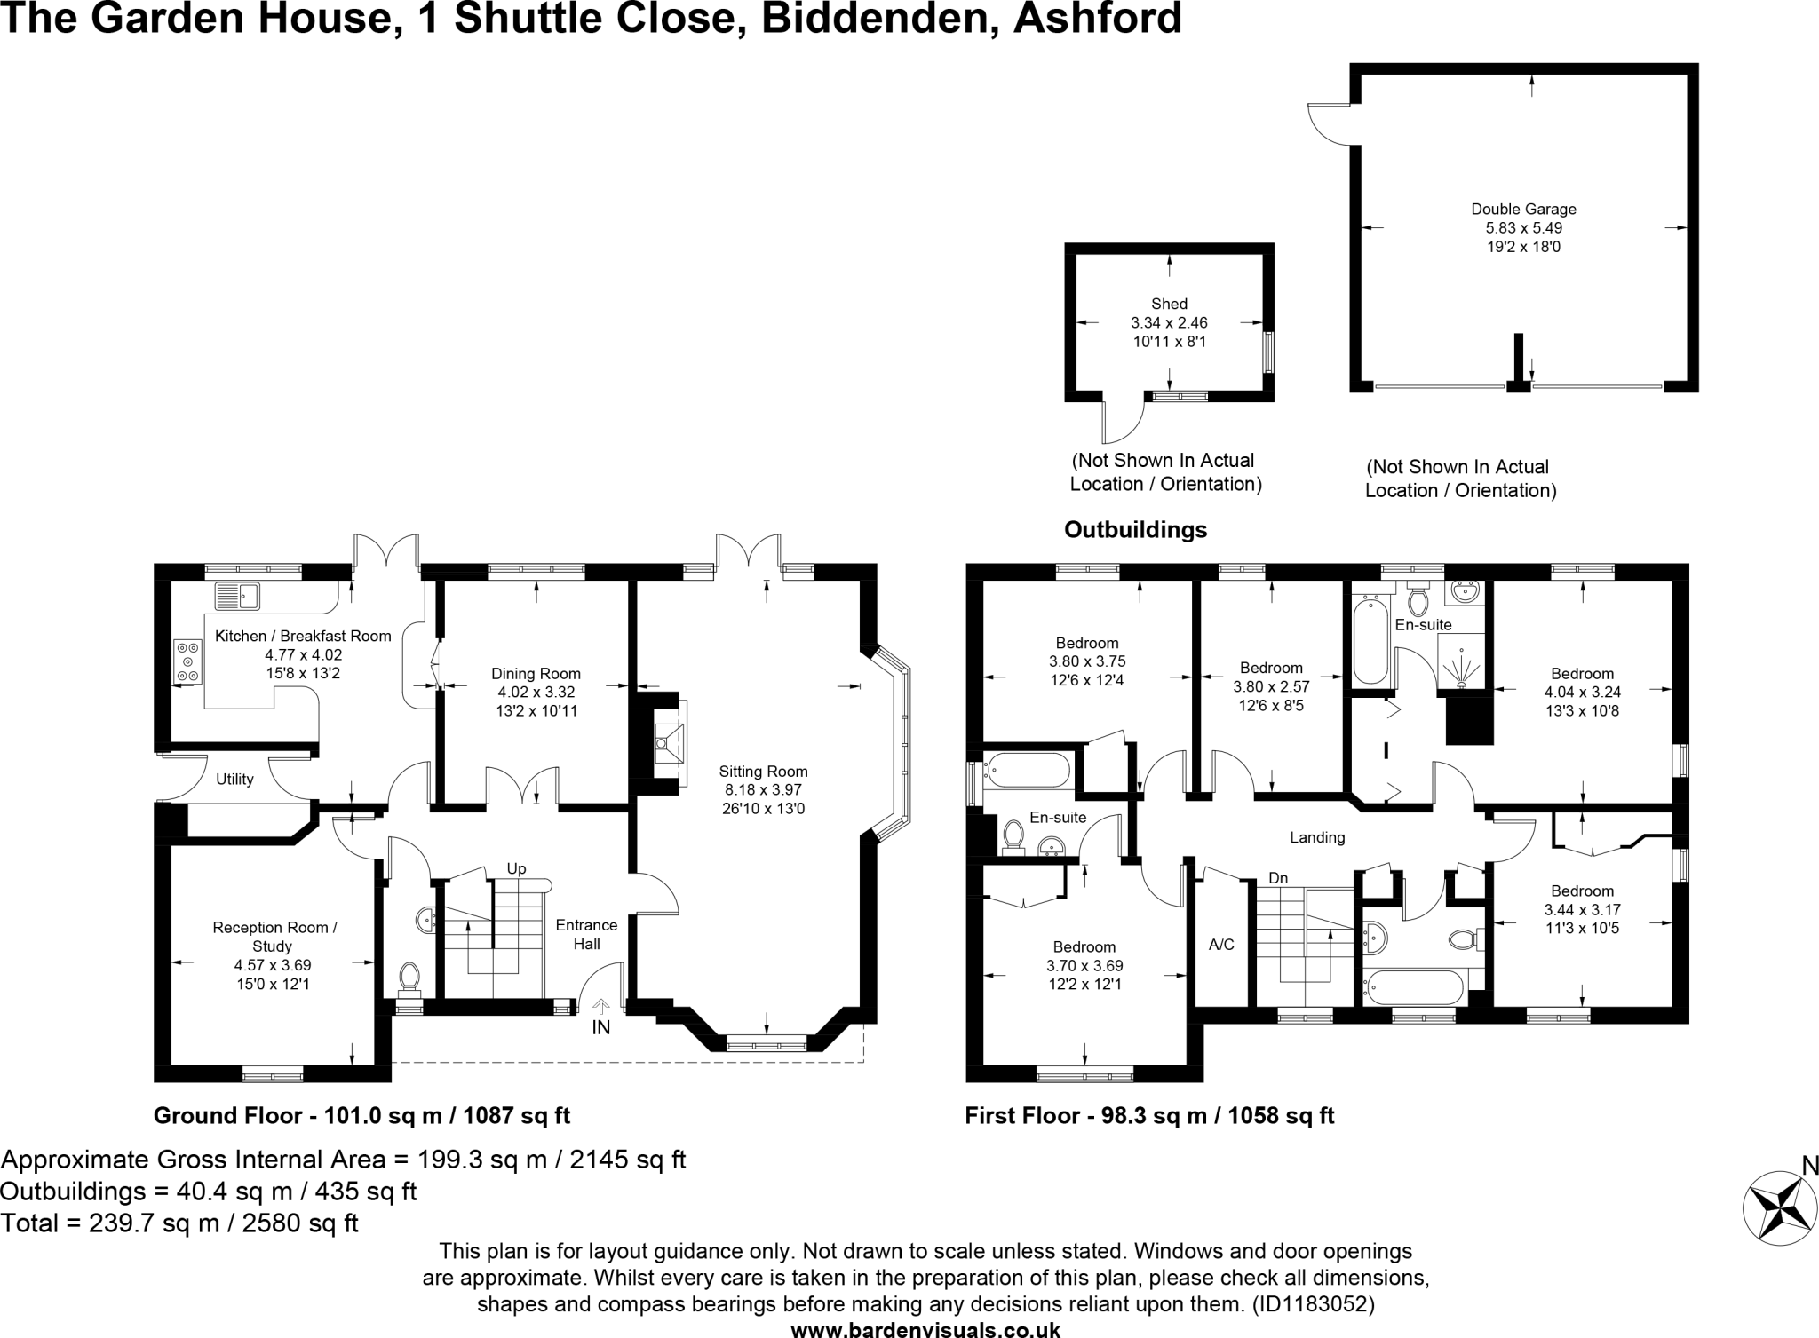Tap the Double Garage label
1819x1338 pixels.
tap(1523, 210)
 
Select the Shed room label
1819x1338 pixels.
tap(1169, 304)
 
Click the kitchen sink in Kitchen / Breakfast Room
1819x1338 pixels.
tap(236, 596)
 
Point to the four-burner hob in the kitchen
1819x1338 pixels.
tap(187, 662)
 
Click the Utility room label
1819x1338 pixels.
tap(234, 780)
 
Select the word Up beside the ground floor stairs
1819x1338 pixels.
tap(516, 868)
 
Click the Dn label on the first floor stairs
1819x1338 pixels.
tap(1278, 878)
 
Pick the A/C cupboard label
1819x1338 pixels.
tap(1221, 945)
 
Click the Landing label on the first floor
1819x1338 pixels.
tap(1317, 837)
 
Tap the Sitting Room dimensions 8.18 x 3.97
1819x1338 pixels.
tap(763, 789)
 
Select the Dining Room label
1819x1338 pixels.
tap(536, 674)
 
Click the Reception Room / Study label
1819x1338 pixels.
tap(274, 937)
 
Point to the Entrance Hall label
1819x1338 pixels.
tap(586, 934)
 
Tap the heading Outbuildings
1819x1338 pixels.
tap(1135, 530)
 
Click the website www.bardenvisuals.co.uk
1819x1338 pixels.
tap(925, 1330)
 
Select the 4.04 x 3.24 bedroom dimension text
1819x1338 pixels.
tap(1582, 692)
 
